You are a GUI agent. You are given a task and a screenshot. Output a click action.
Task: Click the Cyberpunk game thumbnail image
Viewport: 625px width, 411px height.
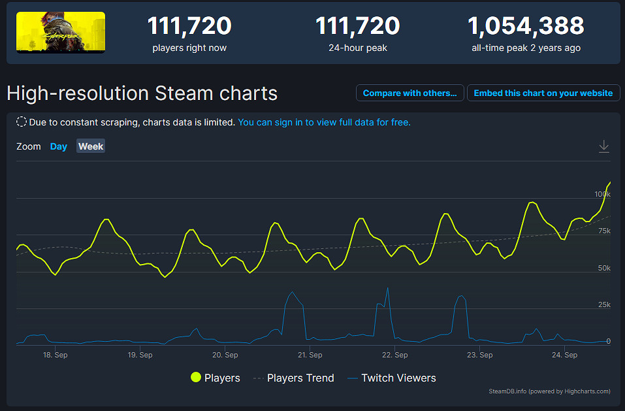pyautogui.click(x=61, y=33)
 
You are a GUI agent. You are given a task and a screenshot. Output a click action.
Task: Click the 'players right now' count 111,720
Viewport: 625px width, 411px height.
pyautogui.click(x=189, y=26)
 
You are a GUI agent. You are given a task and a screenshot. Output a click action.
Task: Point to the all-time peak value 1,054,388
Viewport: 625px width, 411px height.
pyautogui.click(x=526, y=26)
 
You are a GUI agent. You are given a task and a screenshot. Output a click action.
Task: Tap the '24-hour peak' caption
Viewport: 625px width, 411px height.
pyautogui.click(x=358, y=48)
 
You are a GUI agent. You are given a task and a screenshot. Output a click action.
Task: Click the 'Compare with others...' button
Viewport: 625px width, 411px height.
pyautogui.click(x=410, y=93)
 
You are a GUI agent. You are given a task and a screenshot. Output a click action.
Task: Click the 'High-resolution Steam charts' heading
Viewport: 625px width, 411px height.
pyautogui.click(x=142, y=93)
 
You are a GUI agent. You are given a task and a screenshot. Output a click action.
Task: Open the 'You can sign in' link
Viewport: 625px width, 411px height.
pyautogui.click(x=324, y=122)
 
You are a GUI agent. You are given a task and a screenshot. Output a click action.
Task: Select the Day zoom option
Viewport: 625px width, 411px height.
pyautogui.click(x=59, y=146)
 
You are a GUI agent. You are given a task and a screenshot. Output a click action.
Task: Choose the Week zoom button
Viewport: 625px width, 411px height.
pyautogui.click(x=91, y=146)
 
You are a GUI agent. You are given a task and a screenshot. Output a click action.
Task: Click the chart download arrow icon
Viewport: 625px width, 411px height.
pyautogui.click(x=604, y=146)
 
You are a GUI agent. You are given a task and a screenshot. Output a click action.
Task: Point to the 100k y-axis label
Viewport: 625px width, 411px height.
pyautogui.click(x=602, y=194)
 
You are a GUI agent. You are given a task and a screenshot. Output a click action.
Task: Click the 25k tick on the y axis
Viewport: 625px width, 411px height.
pyautogui.click(x=604, y=304)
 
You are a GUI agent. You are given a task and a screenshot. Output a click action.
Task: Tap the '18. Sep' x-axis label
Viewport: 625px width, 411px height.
pyautogui.click(x=56, y=355)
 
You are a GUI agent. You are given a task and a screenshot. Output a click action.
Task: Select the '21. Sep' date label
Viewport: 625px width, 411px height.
pyautogui.click(x=310, y=355)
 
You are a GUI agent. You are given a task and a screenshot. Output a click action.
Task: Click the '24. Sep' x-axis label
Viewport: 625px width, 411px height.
pyautogui.click(x=565, y=355)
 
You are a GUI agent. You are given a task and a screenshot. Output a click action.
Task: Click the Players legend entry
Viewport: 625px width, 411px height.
pyautogui.click(x=216, y=378)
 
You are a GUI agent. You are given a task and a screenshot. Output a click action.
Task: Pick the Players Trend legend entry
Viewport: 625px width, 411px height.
pyautogui.click(x=293, y=378)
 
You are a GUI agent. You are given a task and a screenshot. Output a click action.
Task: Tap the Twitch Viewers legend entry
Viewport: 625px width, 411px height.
pyautogui.click(x=391, y=378)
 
